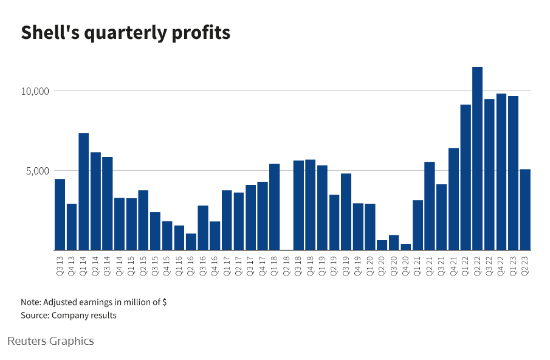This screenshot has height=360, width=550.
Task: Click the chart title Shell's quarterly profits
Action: (126, 33)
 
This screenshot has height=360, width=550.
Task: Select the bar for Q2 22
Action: (477, 158)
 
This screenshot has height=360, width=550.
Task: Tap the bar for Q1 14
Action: (84, 192)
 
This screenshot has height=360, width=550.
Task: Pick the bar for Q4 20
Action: (406, 246)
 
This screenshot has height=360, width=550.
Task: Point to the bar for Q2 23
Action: (525, 209)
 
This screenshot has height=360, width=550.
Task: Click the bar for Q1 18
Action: (275, 207)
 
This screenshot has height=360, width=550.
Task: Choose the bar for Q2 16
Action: (191, 241)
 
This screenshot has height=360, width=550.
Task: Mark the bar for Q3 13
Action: (60, 214)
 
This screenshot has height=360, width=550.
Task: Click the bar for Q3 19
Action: (346, 212)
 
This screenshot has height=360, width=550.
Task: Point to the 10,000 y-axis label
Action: (35, 91)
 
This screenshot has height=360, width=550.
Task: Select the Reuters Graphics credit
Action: (50, 341)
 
